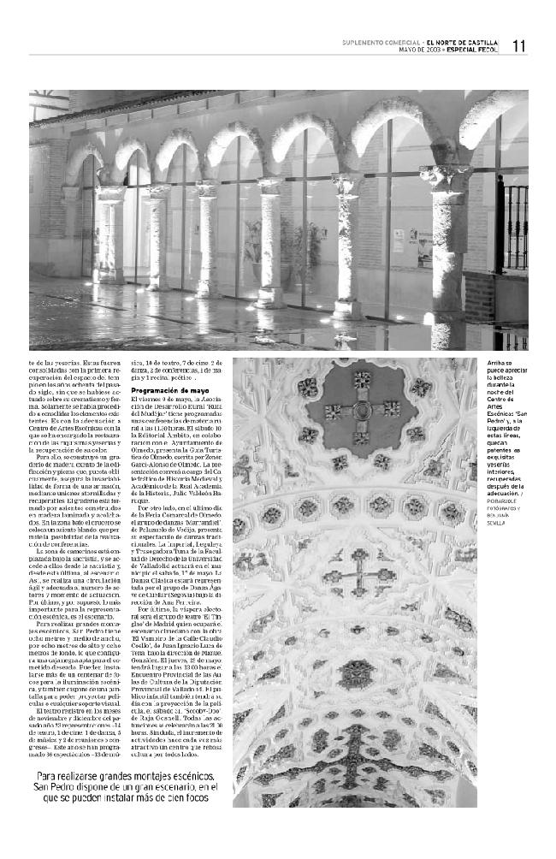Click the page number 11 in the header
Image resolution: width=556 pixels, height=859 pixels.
pos(519,47)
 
